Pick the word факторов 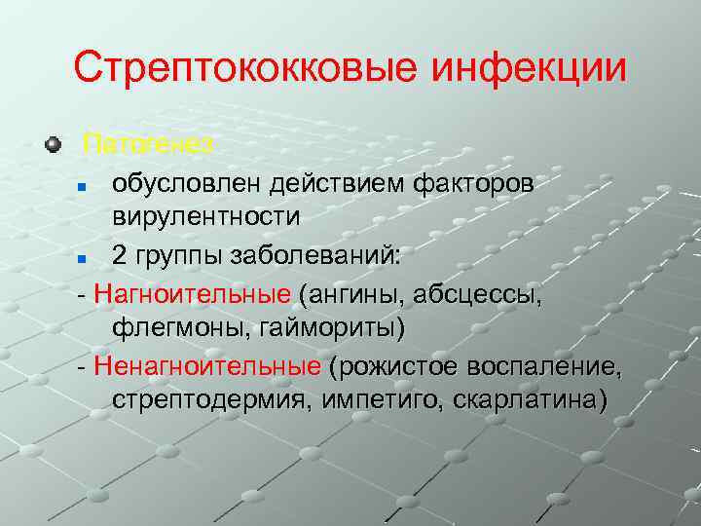pos(473,182)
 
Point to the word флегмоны pos(180,327)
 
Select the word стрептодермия pos(207,400)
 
